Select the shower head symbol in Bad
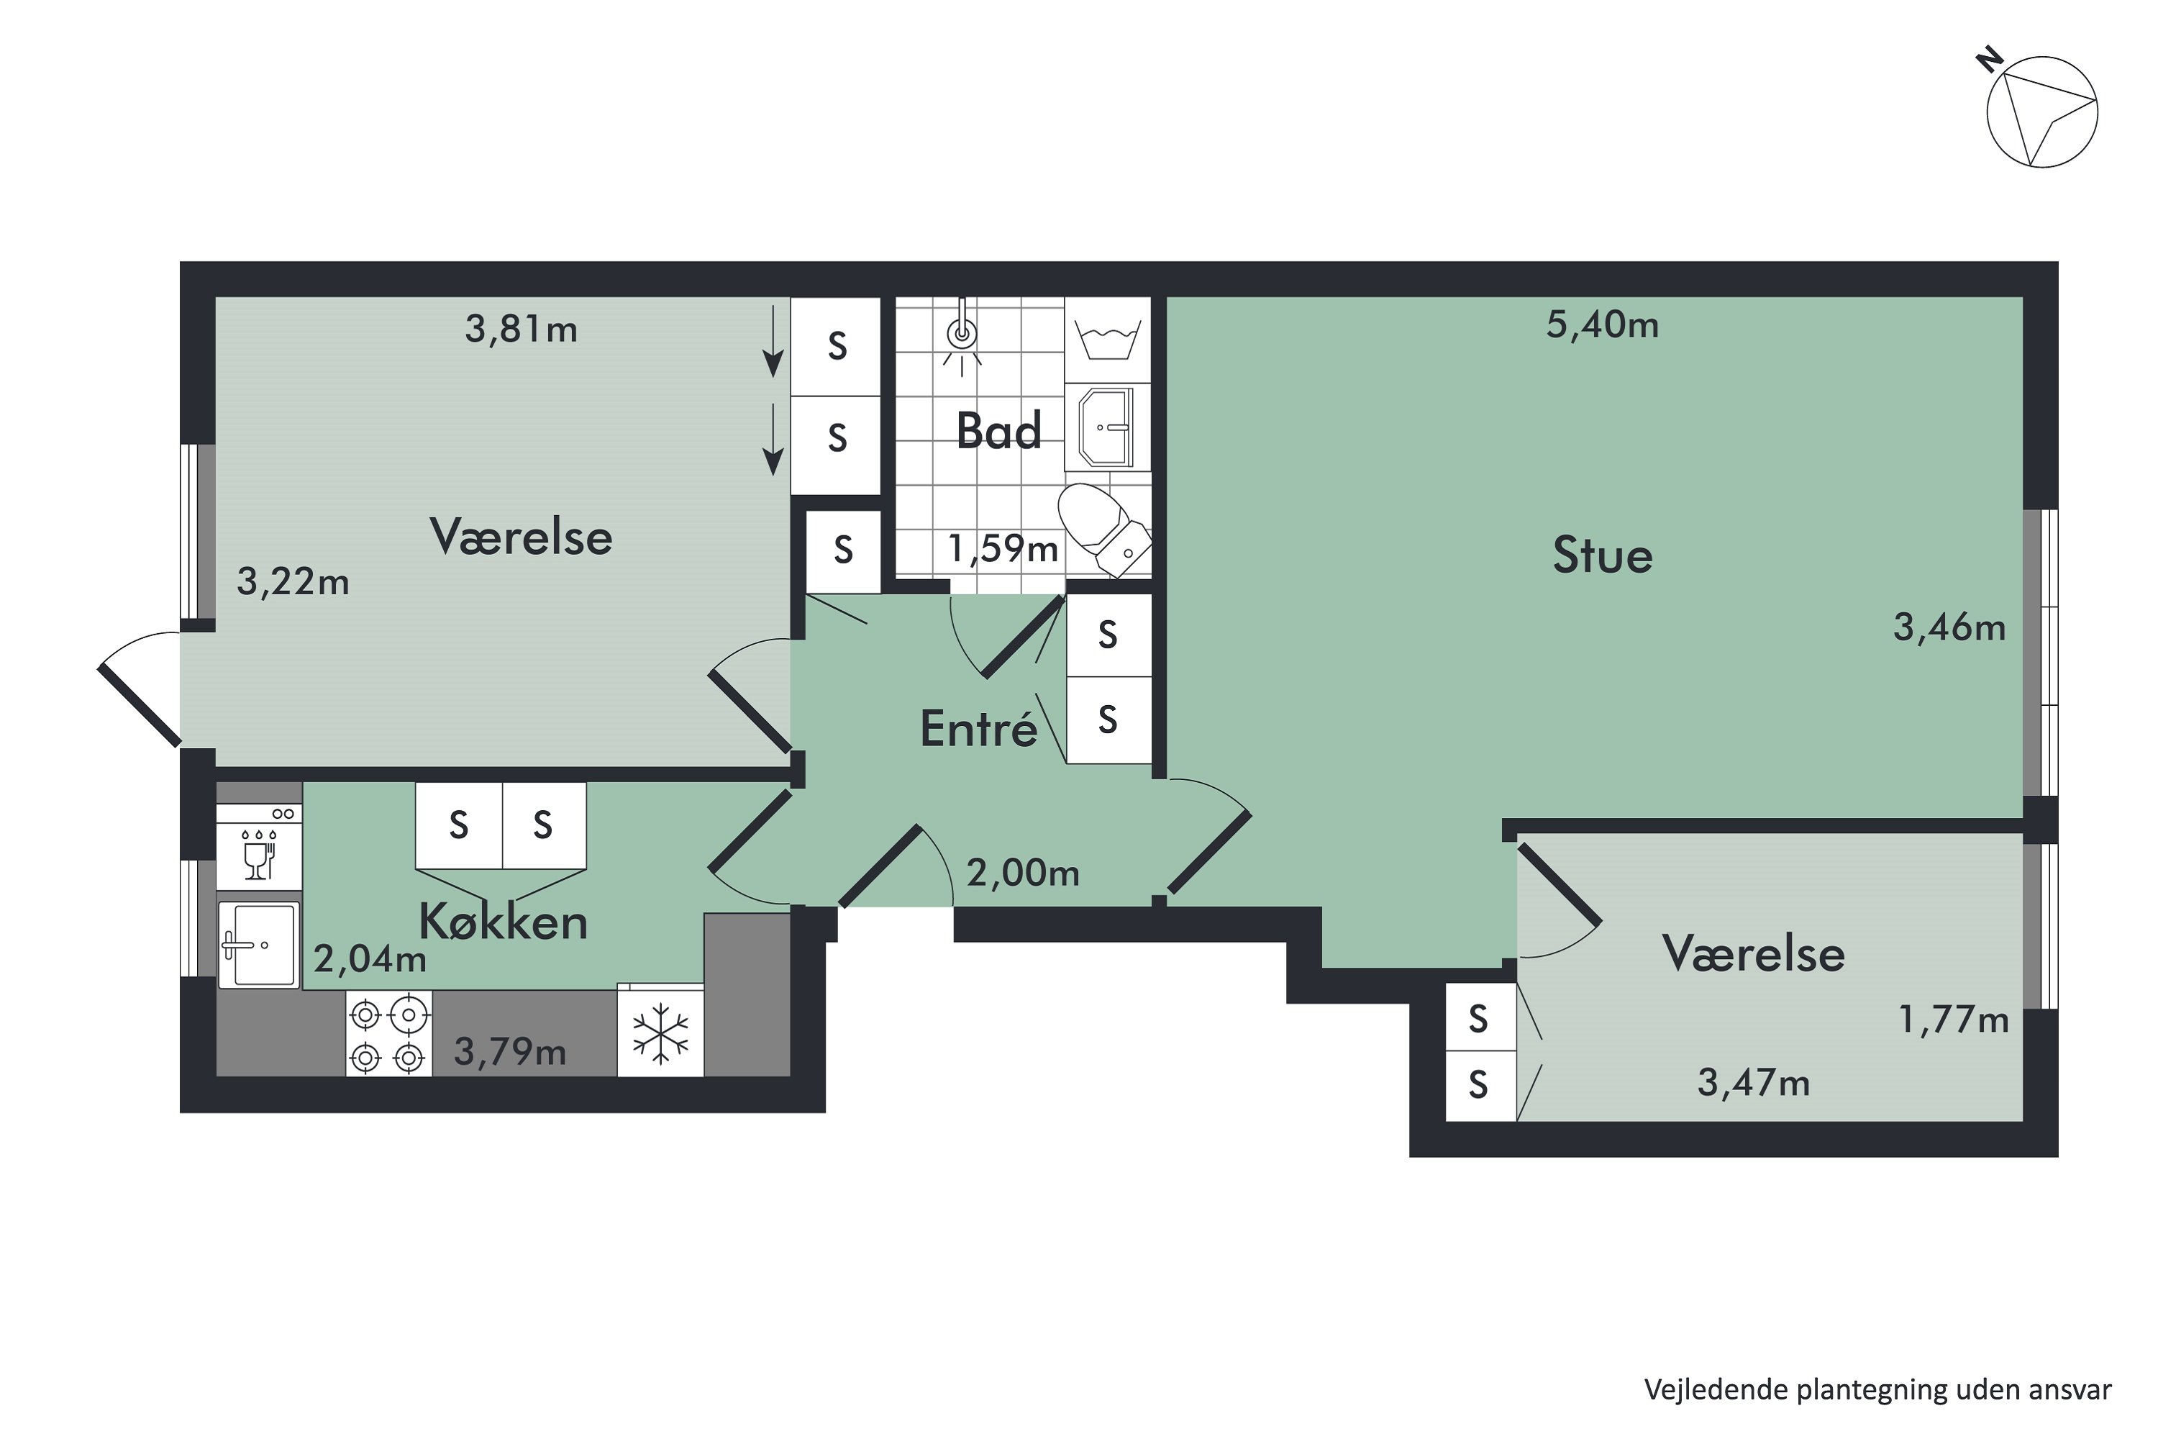(x=962, y=336)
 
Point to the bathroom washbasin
(x=1108, y=427)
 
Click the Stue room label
(x=1602, y=556)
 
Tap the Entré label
(x=978, y=730)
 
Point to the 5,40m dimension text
(x=1602, y=325)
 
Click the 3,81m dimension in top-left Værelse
(x=521, y=329)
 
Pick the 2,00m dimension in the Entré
(x=1022, y=873)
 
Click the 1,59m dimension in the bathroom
(x=1003, y=549)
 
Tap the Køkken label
(x=503, y=922)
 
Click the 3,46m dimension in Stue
(x=1949, y=627)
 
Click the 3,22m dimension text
(x=293, y=582)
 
